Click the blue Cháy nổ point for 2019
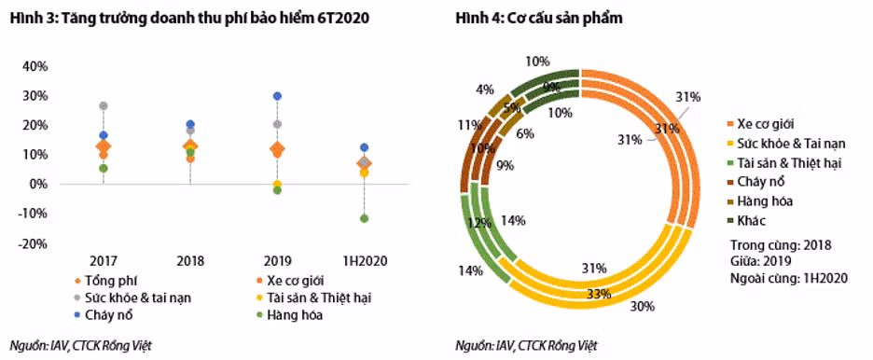point(277,96)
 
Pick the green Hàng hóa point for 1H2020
point(365,218)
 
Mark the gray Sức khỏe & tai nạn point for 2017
point(104,106)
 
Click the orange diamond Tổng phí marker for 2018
point(190,146)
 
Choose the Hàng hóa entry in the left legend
point(293,314)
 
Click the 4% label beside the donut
point(484,90)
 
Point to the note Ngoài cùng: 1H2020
point(789,278)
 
